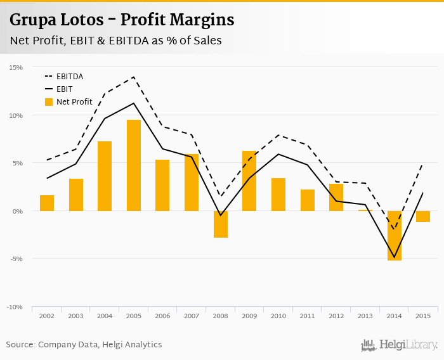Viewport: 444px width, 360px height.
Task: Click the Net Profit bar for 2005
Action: click(134, 165)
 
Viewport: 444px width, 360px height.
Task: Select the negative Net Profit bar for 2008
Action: click(221, 224)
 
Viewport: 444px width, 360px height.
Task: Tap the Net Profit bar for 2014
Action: click(395, 236)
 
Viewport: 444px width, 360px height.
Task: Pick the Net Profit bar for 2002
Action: click(47, 203)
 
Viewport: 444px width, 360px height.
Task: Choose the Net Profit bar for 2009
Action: click(249, 181)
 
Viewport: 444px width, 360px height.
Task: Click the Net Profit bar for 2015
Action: click(423, 216)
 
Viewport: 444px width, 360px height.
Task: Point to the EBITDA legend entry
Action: click(70, 77)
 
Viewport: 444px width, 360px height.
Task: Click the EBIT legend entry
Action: click(64, 89)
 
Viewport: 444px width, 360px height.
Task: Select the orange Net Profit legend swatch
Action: click(49, 101)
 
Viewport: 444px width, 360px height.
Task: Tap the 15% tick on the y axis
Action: click(16, 67)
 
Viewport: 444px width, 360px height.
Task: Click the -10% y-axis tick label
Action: click(15, 307)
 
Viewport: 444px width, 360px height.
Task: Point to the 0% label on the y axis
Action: click(17, 211)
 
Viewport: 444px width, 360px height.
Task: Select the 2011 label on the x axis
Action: click(307, 315)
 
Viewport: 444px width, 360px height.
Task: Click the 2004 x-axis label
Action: click(105, 315)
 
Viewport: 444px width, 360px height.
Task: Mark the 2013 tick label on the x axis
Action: click(365, 315)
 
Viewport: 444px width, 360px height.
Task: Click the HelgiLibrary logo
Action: click(399, 345)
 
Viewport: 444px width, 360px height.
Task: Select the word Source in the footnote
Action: click(20, 345)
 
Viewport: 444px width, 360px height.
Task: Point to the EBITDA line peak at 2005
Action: click(134, 77)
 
